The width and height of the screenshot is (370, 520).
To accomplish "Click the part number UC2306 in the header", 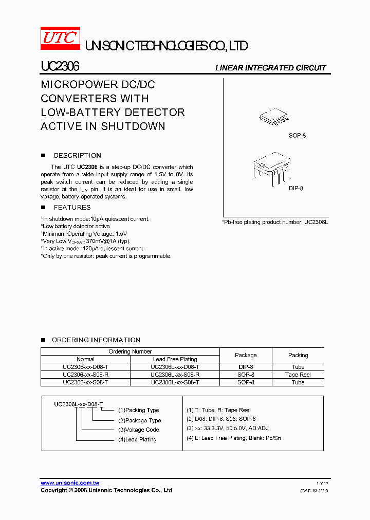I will (x=60, y=67).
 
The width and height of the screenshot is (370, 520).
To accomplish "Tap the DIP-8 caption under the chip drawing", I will (x=295, y=189).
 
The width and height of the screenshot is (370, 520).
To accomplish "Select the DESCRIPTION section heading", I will (x=77, y=156).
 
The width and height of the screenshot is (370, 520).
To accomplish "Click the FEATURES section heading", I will (x=72, y=208).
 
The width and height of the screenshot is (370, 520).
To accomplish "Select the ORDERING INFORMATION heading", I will (x=96, y=340).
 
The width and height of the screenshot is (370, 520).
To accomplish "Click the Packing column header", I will (x=298, y=355).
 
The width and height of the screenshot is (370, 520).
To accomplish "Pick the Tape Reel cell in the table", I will (x=298, y=375).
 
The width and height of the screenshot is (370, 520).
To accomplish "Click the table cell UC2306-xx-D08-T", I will (x=85, y=367).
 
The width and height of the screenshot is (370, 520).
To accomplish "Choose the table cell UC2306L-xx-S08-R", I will (x=175, y=375).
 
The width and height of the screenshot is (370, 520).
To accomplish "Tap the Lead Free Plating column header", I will (x=175, y=359).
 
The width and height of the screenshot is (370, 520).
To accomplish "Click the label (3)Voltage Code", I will (x=139, y=430).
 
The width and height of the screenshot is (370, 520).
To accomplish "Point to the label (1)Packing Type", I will (x=139, y=410).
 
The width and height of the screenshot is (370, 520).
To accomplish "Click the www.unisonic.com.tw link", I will (x=70, y=483).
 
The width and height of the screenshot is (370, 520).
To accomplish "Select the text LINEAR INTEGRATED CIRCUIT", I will (x=270, y=68).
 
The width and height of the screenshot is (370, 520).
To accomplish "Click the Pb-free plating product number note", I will (x=274, y=222).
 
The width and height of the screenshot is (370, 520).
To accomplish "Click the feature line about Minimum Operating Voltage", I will (x=84, y=234).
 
